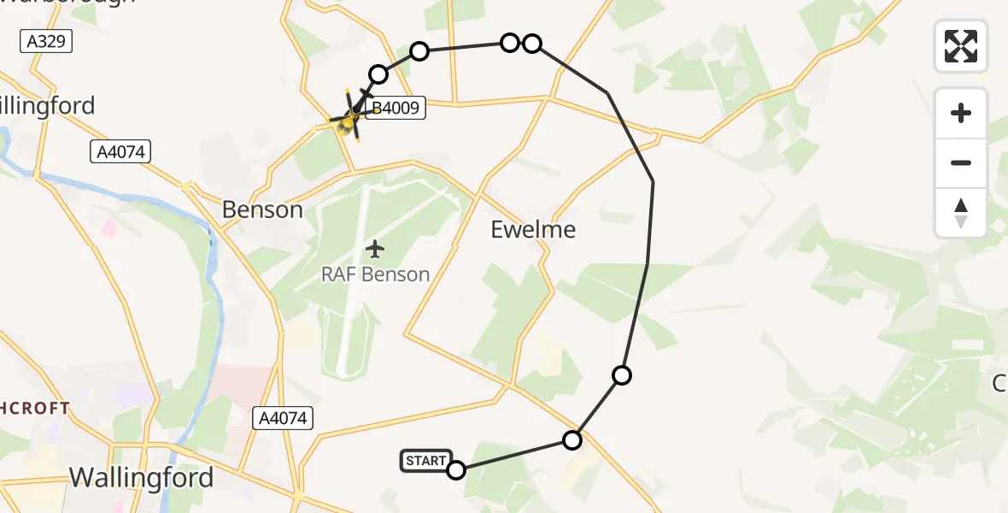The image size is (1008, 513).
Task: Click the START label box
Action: [425, 461]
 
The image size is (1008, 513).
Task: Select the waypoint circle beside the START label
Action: [456, 470]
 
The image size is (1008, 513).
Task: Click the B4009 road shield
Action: [397, 109]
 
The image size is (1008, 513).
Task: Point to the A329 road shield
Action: [45, 41]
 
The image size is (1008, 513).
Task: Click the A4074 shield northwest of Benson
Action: [120, 152]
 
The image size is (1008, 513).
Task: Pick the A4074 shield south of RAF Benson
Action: [284, 418]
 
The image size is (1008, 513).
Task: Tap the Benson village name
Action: [262, 209]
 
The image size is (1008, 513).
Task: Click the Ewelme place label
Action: [533, 229]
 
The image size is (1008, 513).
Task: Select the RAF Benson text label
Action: [375, 274]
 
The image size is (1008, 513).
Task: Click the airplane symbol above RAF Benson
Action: [375, 249]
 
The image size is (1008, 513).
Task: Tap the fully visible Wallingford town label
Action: [141, 477]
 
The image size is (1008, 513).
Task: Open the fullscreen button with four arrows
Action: [961, 46]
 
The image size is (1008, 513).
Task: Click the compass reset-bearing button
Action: [961, 213]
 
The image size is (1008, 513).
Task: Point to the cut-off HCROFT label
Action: [34, 408]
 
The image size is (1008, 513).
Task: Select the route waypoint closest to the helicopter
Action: [378, 74]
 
